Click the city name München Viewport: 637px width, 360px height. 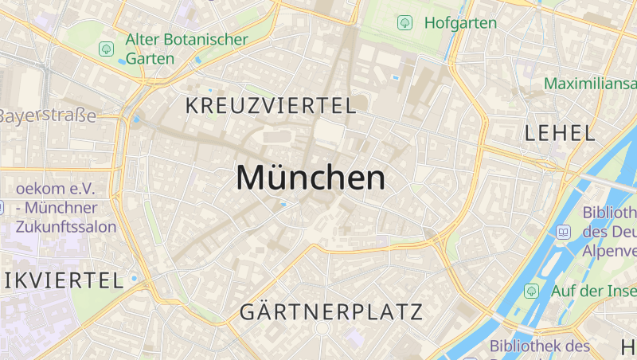[311, 178]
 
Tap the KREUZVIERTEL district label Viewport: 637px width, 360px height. [270, 105]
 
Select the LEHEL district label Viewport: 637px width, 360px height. [560, 133]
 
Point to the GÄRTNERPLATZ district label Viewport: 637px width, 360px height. [330, 311]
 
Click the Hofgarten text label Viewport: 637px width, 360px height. [460, 22]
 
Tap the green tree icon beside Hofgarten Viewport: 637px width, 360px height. [404, 22]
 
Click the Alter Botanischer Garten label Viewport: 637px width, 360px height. [186, 49]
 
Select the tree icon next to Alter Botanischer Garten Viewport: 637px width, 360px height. [106, 49]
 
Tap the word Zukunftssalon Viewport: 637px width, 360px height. [65, 226]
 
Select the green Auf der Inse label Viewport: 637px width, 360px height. [593, 291]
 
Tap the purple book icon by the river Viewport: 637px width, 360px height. [563, 232]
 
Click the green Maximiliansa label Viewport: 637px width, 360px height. [590, 83]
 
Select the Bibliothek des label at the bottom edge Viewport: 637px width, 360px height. [539, 346]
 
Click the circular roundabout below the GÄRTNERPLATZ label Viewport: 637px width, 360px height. [322, 328]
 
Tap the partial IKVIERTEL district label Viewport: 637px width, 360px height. [62, 280]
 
